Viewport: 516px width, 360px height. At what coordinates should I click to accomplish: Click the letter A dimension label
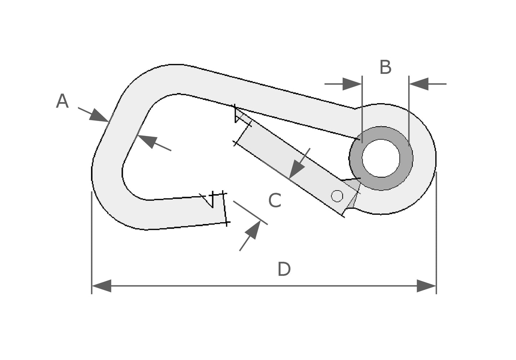(62, 101)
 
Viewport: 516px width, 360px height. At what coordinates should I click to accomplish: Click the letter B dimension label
(385, 67)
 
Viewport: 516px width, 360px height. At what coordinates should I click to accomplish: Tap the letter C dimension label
(275, 201)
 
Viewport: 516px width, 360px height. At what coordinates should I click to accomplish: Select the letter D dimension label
(284, 269)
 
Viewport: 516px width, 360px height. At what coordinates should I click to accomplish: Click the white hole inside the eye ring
(381, 158)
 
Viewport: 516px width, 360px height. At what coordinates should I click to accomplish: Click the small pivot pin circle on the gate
(337, 196)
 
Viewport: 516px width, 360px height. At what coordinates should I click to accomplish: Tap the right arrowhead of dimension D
(426, 286)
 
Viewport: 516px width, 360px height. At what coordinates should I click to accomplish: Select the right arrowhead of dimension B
(419, 84)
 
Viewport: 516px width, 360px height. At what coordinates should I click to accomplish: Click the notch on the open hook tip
(208, 200)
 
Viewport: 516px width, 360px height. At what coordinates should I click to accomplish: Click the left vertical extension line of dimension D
(92, 243)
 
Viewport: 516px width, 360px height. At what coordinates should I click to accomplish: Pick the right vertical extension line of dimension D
(436, 232)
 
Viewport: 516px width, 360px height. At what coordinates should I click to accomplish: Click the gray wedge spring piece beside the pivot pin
(354, 194)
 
